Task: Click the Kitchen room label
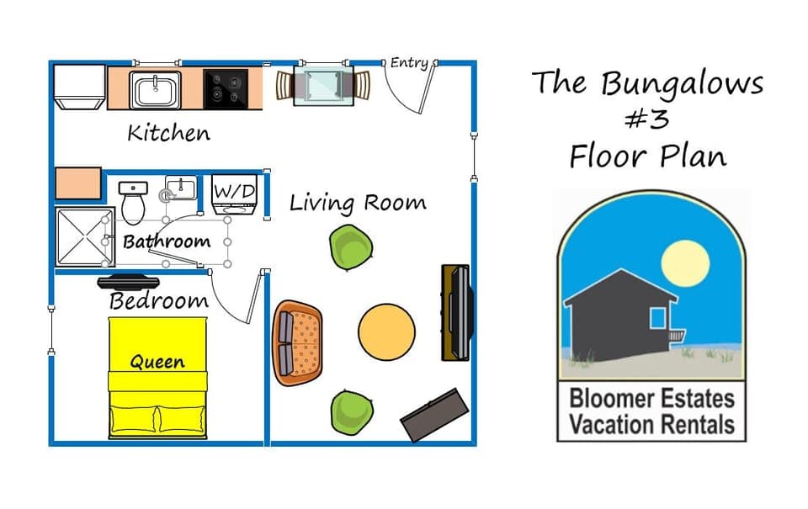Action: [x=168, y=133]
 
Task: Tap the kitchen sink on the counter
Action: [x=155, y=89]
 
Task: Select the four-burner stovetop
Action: [x=226, y=89]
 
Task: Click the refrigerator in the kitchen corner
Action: [x=79, y=87]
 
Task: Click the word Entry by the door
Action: [x=410, y=63]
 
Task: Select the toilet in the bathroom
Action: [x=133, y=200]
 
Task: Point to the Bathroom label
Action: [x=167, y=242]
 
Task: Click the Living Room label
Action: [x=358, y=203]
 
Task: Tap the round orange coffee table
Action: [x=386, y=331]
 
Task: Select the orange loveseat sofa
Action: [x=298, y=342]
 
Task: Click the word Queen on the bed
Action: [x=157, y=363]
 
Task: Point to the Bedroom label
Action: [x=158, y=301]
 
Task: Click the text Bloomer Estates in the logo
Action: [x=651, y=399]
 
